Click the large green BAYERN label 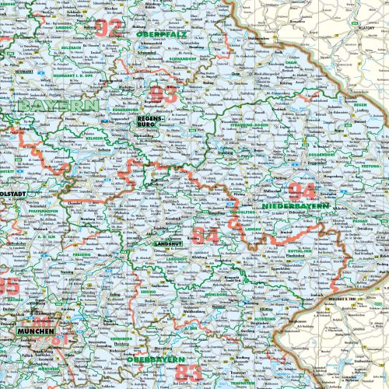[58, 106]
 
